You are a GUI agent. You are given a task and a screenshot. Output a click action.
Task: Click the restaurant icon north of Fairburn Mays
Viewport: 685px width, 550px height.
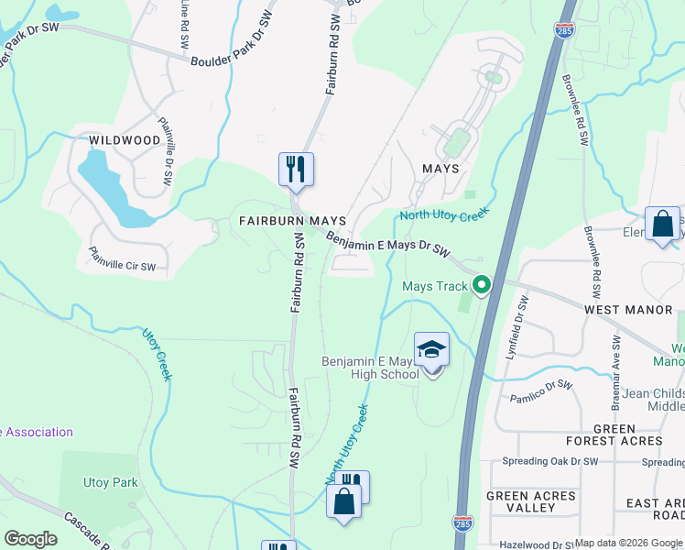click(x=296, y=170)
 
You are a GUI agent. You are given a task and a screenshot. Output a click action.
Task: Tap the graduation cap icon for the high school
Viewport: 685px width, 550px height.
click(x=432, y=350)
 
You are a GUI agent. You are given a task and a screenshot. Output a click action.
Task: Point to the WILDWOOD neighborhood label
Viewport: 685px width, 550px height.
click(x=125, y=140)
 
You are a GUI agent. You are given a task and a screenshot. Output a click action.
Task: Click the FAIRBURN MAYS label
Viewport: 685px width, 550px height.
click(x=292, y=222)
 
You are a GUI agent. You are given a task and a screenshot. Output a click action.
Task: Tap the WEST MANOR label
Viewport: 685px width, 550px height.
click(x=628, y=310)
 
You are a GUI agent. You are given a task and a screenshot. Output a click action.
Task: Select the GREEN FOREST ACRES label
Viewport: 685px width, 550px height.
click(x=627, y=436)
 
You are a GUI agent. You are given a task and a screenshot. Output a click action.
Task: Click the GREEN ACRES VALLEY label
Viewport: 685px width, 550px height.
click(x=531, y=502)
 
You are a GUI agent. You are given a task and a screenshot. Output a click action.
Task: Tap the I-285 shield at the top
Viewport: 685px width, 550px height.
click(x=565, y=30)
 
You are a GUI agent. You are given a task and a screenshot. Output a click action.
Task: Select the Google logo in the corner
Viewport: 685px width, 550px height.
click(x=30, y=539)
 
